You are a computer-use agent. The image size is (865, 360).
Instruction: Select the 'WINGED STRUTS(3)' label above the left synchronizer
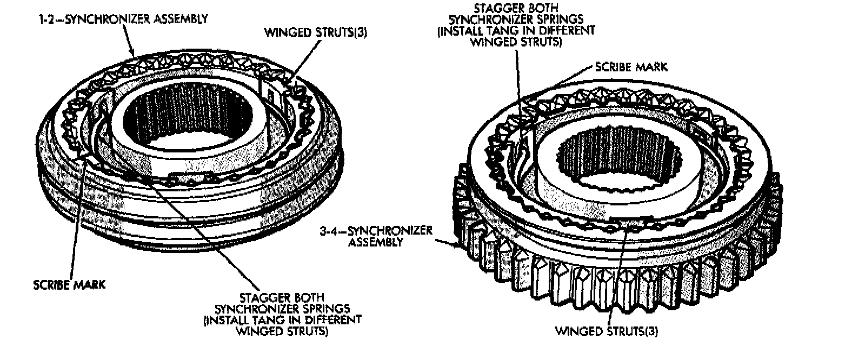point(315,32)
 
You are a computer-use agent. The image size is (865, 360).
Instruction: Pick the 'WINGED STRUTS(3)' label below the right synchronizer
point(607,330)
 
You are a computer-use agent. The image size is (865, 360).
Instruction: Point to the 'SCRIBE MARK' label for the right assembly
point(631,67)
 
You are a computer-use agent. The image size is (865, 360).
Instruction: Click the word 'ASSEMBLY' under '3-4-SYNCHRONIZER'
point(376,242)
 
